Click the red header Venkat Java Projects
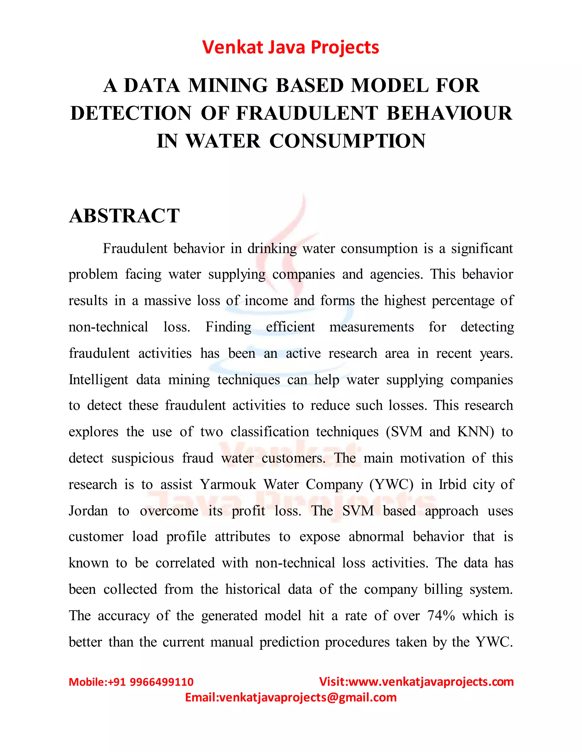[x=291, y=47]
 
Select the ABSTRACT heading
[x=124, y=216]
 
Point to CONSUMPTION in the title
[x=348, y=141]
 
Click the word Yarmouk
[x=228, y=484]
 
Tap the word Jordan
[x=88, y=511]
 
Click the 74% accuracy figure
[x=441, y=616]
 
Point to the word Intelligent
[x=98, y=379]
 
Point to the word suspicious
[x=142, y=458]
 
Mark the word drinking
[x=272, y=249]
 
